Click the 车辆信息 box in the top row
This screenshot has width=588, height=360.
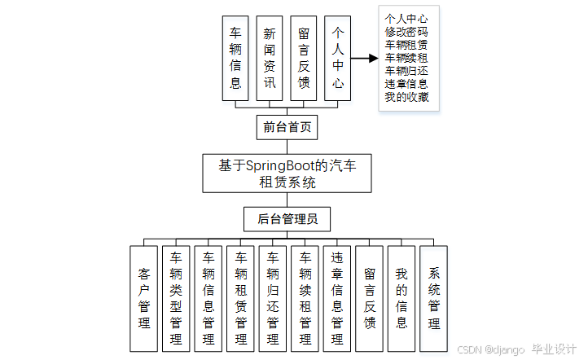[235, 58]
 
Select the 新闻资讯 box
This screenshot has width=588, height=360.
[270, 58]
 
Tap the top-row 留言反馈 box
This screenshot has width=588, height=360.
[303, 58]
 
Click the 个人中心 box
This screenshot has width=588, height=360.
[337, 58]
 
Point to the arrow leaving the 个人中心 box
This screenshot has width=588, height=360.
[364, 59]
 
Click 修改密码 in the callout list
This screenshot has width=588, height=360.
[406, 31]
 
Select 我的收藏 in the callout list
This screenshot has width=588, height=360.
[406, 98]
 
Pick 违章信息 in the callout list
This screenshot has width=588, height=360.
[406, 84]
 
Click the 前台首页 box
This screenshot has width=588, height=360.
[285, 127]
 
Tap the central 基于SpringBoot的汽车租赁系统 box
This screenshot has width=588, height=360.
[287, 173]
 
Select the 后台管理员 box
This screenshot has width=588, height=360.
[287, 218]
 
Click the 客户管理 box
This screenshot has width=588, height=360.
[144, 298]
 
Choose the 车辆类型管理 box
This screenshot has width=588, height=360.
[176, 298]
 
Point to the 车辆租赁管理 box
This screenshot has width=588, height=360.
[240, 298]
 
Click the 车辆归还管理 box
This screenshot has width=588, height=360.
[273, 298]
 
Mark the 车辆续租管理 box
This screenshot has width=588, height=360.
[305, 298]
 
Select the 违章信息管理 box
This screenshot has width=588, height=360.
[337, 298]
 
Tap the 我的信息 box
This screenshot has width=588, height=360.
[401, 298]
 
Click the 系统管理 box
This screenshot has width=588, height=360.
[433, 298]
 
